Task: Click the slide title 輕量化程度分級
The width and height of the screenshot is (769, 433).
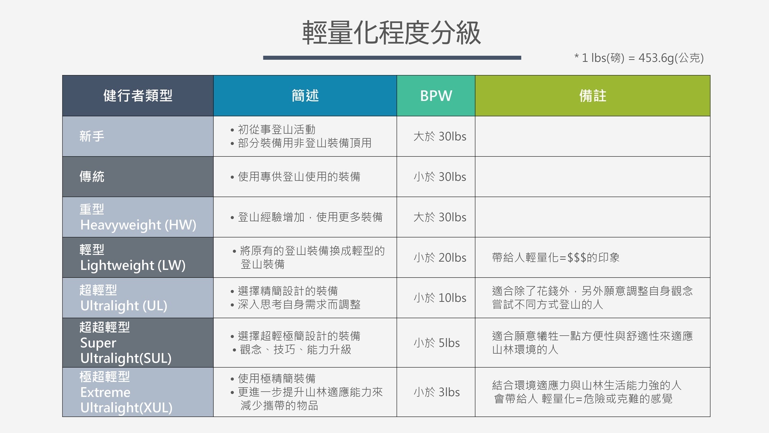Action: [x=391, y=33]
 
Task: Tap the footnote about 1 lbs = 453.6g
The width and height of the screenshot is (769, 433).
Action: [x=639, y=58]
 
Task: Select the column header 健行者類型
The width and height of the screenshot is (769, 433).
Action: [x=138, y=95]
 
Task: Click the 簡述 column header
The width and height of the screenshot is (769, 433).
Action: [x=305, y=95]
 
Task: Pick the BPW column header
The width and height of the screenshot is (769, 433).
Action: [x=436, y=95]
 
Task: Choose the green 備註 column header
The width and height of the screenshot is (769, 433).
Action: [x=593, y=95]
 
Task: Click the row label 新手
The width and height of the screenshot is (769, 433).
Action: [x=92, y=136]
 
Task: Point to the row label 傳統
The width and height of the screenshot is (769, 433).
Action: [x=92, y=177]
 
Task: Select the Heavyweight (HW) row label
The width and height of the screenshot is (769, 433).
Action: [x=138, y=217]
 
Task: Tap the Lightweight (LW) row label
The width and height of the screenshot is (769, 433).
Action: [x=133, y=258]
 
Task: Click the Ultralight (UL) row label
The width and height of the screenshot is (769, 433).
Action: [x=123, y=298]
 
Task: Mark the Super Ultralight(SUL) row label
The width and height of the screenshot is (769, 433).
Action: [x=126, y=343]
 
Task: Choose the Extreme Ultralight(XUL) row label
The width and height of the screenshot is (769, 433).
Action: [x=126, y=392]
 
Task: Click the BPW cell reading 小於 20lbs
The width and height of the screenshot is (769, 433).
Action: [x=440, y=257]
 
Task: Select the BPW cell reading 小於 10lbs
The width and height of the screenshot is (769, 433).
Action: [x=440, y=298]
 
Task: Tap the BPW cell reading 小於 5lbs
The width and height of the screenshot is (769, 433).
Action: [x=436, y=343]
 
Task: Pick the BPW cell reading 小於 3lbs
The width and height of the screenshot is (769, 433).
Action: [x=436, y=392]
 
